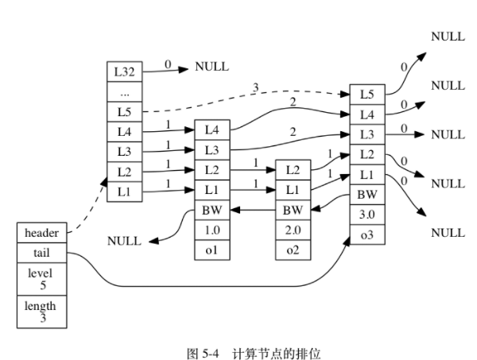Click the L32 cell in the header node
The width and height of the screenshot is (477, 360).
(123, 70)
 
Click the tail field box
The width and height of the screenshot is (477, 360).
(42, 253)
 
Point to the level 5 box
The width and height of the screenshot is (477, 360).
(42, 279)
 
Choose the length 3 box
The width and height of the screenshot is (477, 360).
(42, 311)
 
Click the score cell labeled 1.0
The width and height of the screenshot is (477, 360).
(211, 230)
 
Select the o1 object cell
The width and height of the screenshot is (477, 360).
(211, 250)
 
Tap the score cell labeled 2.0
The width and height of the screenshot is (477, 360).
(292, 230)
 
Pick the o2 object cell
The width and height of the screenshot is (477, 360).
(292, 250)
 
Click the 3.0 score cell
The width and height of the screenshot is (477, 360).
(366, 215)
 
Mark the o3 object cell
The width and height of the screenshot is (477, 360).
(366, 235)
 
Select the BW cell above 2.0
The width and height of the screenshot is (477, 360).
(292, 210)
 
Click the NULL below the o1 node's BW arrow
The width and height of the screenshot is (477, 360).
(124, 240)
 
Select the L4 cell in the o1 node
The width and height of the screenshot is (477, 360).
(211, 129)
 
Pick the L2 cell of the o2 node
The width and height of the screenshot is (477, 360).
(292, 169)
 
